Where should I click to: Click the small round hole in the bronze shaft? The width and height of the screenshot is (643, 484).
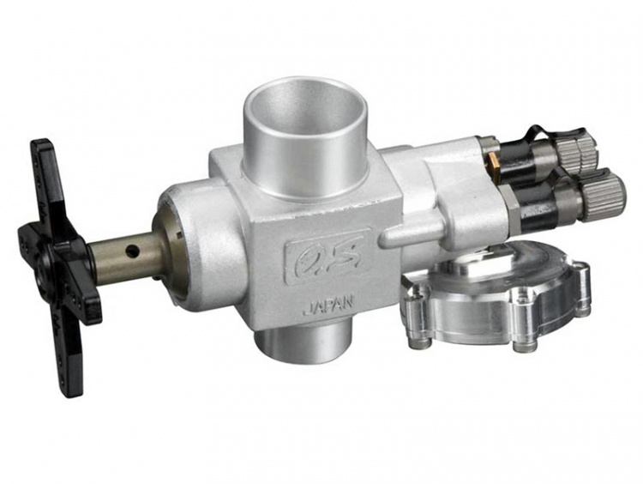coord(132,249)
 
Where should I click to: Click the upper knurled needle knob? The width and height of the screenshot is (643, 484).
coord(578,154)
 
